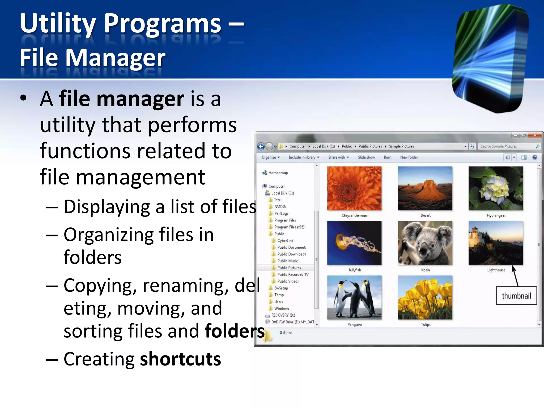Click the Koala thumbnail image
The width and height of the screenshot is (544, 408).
pyautogui.click(x=425, y=243)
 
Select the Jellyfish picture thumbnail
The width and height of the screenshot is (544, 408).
pyautogui.click(x=354, y=243)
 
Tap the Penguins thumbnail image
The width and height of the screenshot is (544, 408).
pyautogui.click(x=354, y=297)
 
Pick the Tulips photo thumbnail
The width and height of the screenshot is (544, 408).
pyautogui.click(x=425, y=297)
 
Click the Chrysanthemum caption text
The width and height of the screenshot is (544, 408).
pyautogui.click(x=355, y=215)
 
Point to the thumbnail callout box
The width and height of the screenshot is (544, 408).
pyautogui.click(x=516, y=296)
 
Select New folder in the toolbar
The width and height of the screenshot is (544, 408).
pyautogui.click(x=409, y=157)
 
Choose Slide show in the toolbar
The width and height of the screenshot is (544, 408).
pyautogui.click(x=366, y=157)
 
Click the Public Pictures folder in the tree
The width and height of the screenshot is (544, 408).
pyautogui.click(x=289, y=268)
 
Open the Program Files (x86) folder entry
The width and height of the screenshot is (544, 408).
pyautogui.click(x=289, y=227)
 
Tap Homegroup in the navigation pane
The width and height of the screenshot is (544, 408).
pyautogui.click(x=278, y=173)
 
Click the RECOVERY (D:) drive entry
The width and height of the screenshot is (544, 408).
pyautogui.click(x=283, y=315)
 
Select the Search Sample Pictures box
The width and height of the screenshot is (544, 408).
pyautogui.click(x=506, y=146)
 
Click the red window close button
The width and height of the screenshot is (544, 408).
pyautogui.click(x=535, y=135)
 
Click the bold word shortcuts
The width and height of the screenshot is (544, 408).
pyautogui.click(x=180, y=359)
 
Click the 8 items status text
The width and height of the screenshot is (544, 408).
pyautogui.click(x=286, y=333)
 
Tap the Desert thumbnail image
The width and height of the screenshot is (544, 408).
pyautogui.click(x=425, y=188)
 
